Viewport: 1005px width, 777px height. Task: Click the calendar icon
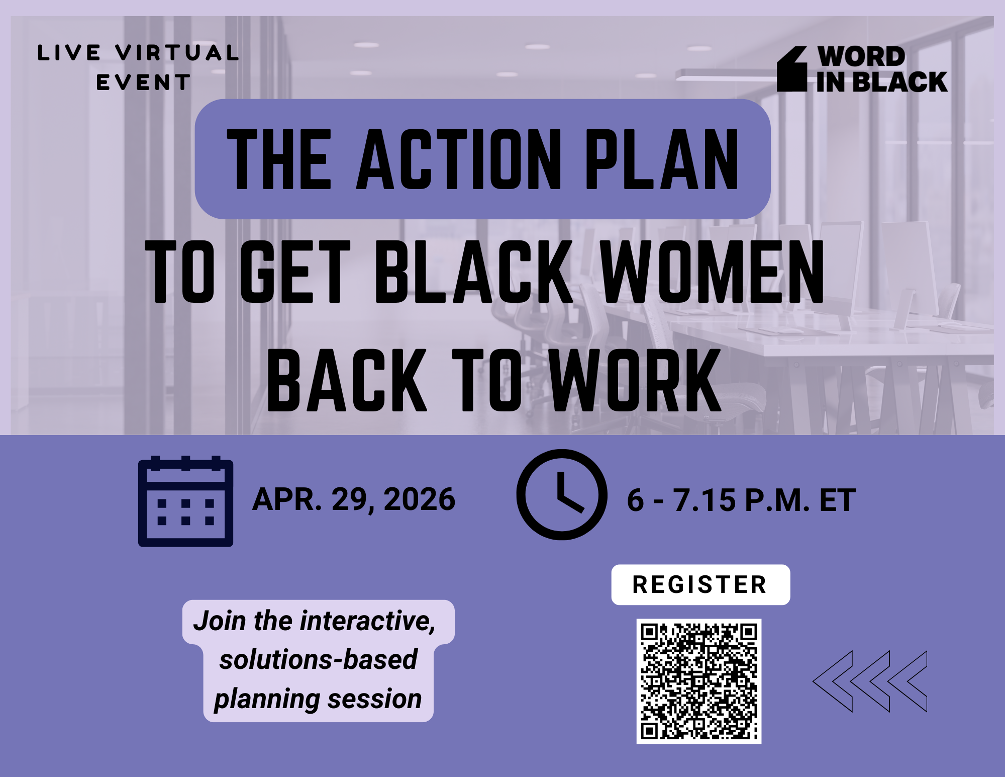click(185, 501)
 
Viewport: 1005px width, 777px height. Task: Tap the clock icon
click(562, 495)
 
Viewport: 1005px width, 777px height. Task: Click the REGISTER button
click(700, 585)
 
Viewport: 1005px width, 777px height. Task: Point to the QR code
click(698, 681)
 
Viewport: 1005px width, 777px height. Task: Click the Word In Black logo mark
click(792, 69)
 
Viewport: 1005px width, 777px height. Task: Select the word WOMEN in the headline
click(712, 272)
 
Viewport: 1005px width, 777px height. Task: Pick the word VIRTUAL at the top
click(177, 53)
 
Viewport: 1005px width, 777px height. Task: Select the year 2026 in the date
click(419, 499)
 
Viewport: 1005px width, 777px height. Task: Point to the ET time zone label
click(837, 500)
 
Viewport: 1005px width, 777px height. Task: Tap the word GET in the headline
click(295, 272)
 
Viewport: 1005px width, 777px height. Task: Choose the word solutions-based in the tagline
click(318, 659)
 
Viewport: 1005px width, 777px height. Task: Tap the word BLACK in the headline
click(474, 272)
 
